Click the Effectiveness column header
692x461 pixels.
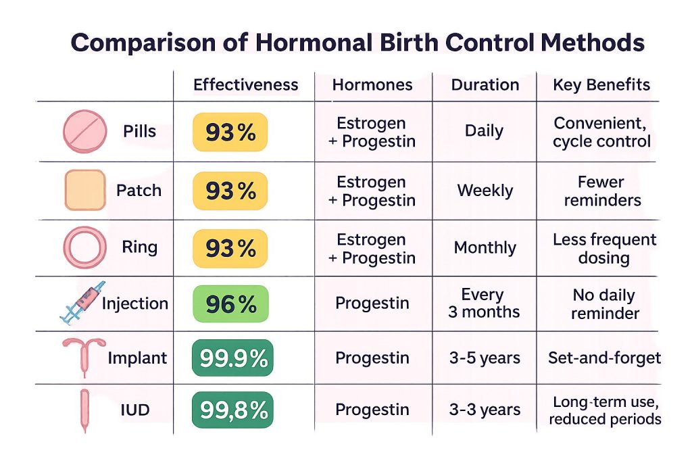click(x=246, y=84)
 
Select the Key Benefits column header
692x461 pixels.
click(x=601, y=84)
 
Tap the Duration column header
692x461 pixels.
click(x=485, y=84)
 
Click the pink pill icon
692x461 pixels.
click(x=84, y=132)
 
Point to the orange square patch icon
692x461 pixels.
click(x=85, y=191)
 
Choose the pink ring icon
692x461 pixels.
click(x=84, y=247)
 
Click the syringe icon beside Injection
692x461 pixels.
click(x=82, y=303)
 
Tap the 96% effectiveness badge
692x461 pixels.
click(x=230, y=304)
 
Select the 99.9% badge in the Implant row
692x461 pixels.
click(x=232, y=358)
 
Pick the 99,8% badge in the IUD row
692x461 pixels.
click(x=232, y=410)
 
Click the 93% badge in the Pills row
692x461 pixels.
click(x=230, y=132)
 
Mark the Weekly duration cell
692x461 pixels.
click(x=485, y=191)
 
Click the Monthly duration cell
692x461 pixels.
click(x=485, y=247)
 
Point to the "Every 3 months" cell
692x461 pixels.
click(x=484, y=304)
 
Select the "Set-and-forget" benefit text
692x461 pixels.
click(x=605, y=358)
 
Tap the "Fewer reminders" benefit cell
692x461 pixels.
click(x=602, y=191)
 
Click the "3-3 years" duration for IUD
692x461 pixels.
click(x=485, y=410)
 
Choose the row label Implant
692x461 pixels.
click(x=137, y=358)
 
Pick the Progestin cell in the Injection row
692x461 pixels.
click(x=372, y=304)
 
